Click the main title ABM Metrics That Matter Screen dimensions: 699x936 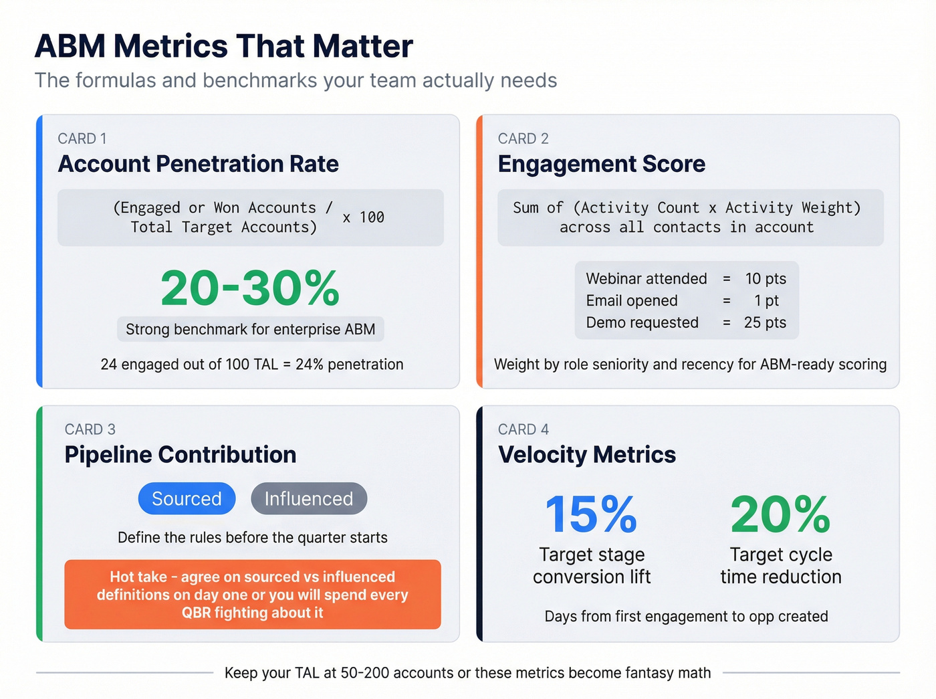(223, 46)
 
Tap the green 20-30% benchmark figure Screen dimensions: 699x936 (250, 288)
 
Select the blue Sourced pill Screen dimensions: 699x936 (187, 498)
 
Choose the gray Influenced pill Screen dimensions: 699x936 (309, 498)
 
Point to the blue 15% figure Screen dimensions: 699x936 (591, 514)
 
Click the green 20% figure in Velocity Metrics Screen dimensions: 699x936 (780, 514)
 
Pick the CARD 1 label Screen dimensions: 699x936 (82, 138)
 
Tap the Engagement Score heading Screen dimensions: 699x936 (601, 164)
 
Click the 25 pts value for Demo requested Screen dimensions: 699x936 (765, 322)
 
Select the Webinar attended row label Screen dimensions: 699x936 (646, 278)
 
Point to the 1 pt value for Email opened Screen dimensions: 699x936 (766, 300)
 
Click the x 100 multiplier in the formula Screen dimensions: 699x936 (363, 217)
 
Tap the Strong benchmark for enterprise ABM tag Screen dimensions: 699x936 (250, 329)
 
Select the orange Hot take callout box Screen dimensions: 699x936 (253, 594)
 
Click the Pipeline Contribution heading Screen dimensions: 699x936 (181, 455)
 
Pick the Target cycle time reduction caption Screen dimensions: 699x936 (780, 565)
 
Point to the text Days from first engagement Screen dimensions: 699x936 (686, 616)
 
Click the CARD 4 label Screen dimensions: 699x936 (523, 429)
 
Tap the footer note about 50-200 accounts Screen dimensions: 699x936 (467, 673)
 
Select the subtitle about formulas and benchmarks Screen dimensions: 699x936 (296, 80)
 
